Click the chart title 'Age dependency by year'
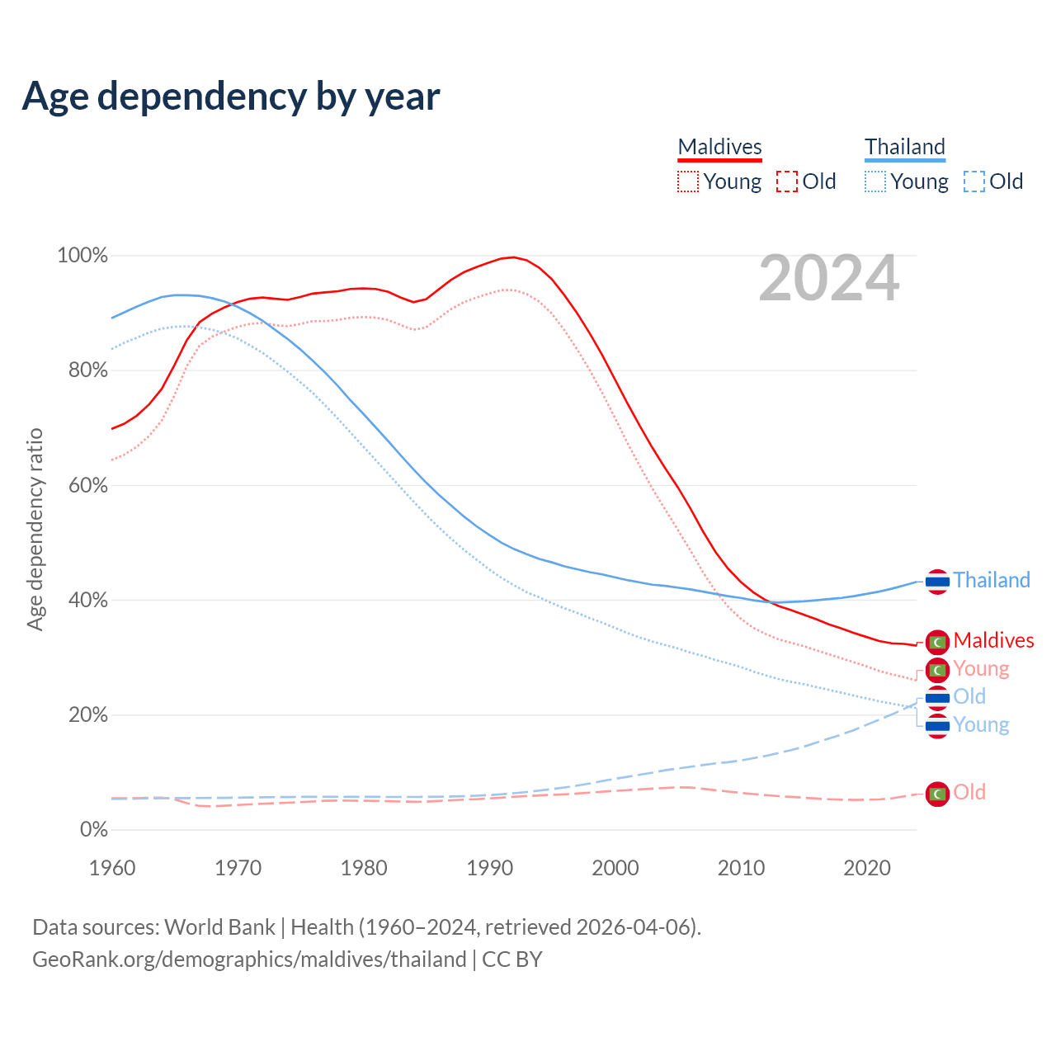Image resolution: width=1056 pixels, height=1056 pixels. click(231, 97)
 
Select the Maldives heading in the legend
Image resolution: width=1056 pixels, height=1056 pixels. click(719, 147)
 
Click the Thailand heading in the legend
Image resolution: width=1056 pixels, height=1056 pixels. click(904, 147)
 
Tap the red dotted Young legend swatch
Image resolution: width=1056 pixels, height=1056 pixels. click(688, 181)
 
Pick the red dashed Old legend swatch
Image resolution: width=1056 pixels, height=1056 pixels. click(787, 181)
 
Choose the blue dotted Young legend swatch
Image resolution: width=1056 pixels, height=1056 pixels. click(875, 181)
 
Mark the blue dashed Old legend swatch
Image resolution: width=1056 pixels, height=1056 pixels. click(974, 181)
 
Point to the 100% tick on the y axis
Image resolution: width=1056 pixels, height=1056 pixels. click(82, 256)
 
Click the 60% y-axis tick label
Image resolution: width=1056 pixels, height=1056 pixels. click(87, 485)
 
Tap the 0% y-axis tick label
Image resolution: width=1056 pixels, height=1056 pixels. click(93, 830)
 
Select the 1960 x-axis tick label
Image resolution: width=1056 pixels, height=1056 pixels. click(112, 868)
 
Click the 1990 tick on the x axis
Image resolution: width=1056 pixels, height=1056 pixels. click(490, 868)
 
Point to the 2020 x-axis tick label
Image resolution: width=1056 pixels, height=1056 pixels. click(867, 868)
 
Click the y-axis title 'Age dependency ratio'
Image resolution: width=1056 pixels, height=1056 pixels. click(35, 529)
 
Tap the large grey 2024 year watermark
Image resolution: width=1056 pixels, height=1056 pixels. click(828, 279)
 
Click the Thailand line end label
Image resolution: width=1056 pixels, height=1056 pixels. click(992, 580)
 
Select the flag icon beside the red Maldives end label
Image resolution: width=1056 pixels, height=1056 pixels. click(937, 641)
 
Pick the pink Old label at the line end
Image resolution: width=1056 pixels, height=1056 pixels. click(969, 792)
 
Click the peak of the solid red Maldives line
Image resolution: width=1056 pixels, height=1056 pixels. click(514, 257)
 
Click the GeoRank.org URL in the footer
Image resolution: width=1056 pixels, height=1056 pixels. click(249, 959)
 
